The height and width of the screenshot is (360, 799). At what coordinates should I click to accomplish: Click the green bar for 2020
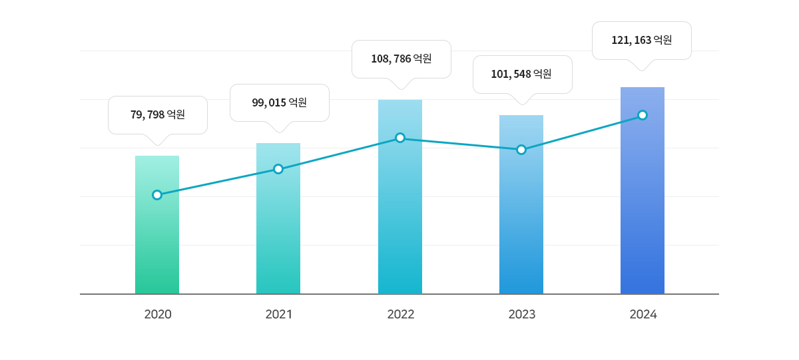[157, 246]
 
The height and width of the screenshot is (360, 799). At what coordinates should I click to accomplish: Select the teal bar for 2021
[278, 233]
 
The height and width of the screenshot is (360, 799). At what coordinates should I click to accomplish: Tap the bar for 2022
[400, 213]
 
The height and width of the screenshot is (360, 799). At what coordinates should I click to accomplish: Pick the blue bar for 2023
[521, 220]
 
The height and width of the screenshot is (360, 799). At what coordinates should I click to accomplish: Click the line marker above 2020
[157, 195]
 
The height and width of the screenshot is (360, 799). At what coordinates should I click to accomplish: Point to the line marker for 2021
[278, 169]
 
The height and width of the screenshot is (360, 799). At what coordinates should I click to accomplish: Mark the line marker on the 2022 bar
[400, 138]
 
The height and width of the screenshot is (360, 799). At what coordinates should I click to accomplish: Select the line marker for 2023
[521, 150]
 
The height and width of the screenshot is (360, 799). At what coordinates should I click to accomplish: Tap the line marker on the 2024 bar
[643, 115]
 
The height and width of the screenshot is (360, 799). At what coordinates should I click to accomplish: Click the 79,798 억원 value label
[158, 115]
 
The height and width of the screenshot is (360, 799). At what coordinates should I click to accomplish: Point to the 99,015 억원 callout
[280, 102]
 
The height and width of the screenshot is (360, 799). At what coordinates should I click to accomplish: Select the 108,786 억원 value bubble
[401, 59]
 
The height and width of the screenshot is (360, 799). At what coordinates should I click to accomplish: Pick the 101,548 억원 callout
[522, 74]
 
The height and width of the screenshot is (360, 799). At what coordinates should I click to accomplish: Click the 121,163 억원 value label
[642, 40]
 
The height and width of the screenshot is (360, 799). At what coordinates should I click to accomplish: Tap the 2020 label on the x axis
[158, 314]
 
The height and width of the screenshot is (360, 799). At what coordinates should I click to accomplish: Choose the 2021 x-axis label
[279, 314]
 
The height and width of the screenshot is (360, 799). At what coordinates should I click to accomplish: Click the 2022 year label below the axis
[401, 314]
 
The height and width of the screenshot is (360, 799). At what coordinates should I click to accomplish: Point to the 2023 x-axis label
[522, 314]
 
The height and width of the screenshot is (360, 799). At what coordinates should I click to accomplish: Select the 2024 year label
[643, 314]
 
